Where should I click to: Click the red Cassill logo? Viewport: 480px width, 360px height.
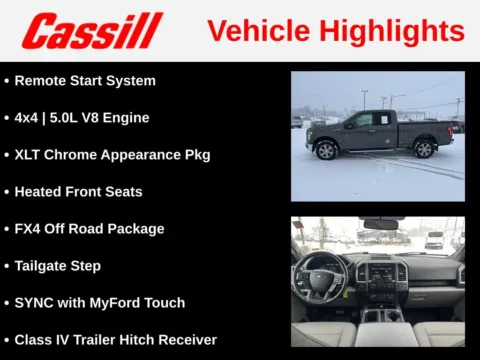92,31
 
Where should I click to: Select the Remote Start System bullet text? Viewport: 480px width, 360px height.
85,80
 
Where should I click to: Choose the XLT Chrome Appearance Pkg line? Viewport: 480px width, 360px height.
112,154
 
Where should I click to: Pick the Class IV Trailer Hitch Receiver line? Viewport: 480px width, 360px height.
115,339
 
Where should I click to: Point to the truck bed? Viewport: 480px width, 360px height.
425,126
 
